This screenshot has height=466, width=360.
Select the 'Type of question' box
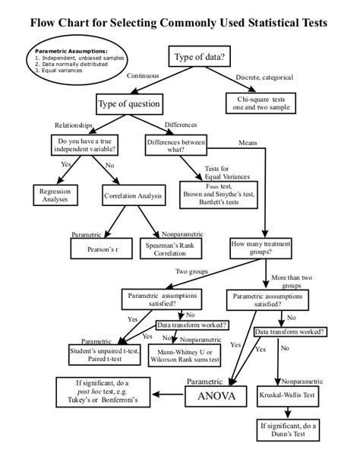[x=128, y=103]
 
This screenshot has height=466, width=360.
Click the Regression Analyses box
[x=55, y=195]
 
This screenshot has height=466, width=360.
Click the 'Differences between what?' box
[x=176, y=145]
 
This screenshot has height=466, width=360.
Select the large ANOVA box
[x=216, y=396]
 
